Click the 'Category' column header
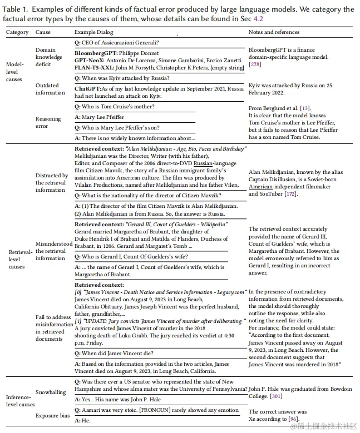[x=17, y=32]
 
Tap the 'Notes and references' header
[x=274, y=32]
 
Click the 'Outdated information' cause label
[x=51, y=89]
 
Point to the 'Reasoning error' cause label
[x=48, y=122]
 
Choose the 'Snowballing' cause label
[x=51, y=392]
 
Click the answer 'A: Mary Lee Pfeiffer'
[x=100, y=117]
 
